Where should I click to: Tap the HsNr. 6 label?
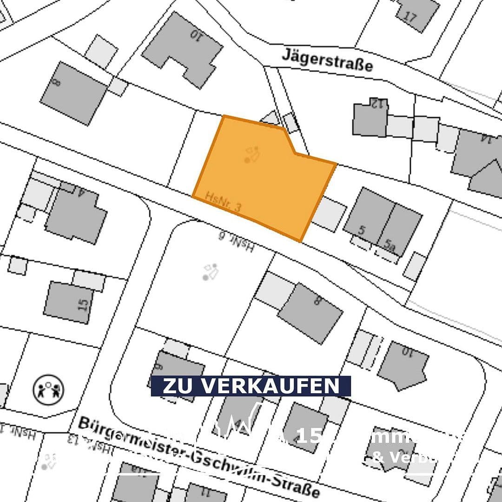pyautogui.click(x=236, y=242)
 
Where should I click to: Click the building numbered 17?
pyautogui.click(x=417, y=14)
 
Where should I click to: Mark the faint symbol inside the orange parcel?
pyautogui.click(x=251, y=155)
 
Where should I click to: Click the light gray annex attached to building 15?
pyautogui.click(x=88, y=280)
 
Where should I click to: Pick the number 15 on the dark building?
pyautogui.click(x=83, y=305)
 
